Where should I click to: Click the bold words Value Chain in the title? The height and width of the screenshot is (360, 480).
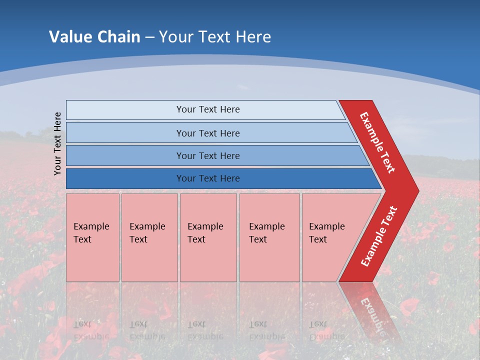[x=94, y=36]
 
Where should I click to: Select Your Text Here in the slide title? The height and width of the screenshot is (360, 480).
[x=215, y=36]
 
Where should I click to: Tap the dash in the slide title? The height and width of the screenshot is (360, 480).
[x=149, y=37]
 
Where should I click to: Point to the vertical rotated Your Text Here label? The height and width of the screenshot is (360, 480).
[x=57, y=143]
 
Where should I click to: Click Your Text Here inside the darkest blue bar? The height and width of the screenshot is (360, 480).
[x=208, y=178]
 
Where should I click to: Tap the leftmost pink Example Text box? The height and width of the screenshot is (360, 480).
[x=92, y=237]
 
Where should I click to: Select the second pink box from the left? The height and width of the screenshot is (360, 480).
[x=149, y=237]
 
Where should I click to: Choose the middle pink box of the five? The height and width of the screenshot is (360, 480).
[x=208, y=237]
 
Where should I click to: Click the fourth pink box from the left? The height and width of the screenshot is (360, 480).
[x=269, y=237]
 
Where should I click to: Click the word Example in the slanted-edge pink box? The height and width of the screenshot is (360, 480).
[x=327, y=226]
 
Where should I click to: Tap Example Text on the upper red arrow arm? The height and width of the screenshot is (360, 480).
[x=377, y=142]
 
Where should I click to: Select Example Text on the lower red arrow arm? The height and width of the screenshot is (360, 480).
[x=379, y=236]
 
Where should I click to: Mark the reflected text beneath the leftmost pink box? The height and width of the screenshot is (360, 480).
[x=91, y=330]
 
